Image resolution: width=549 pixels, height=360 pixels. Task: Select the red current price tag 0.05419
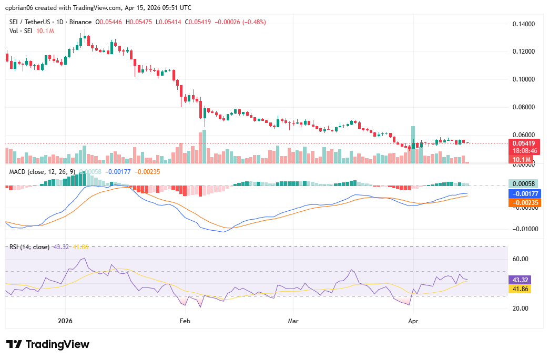(x=524, y=143)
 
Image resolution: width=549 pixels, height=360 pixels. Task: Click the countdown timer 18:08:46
(x=524, y=151)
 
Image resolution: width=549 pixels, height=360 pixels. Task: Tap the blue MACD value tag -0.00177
(x=524, y=193)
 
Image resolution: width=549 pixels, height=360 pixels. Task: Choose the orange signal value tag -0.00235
(x=524, y=202)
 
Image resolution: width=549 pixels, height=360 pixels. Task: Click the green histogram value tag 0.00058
(x=524, y=184)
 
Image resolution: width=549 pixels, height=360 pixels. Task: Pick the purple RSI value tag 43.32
(x=520, y=280)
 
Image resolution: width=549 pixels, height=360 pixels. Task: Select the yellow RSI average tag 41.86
(x=520, y=289)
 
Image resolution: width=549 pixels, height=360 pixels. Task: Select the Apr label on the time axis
(x=413, y=320)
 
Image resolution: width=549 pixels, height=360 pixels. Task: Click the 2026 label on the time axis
(x=65, y=320)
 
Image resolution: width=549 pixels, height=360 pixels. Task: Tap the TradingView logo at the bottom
(x=48, y=344)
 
